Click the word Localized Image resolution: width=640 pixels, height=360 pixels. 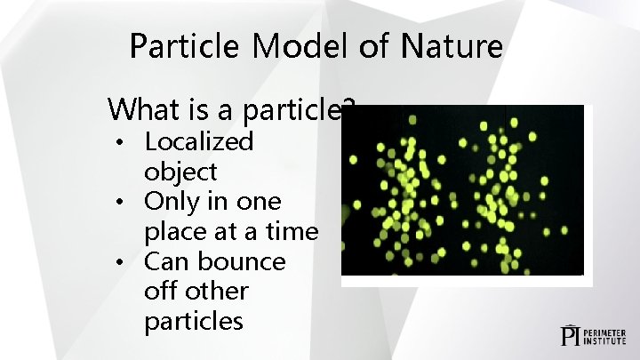(x=198, y=141)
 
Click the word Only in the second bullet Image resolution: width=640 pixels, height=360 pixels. (x=171, y=202)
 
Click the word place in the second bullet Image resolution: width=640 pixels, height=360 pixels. (x=174, y=232)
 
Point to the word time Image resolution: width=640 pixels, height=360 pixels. (x=292, y=232)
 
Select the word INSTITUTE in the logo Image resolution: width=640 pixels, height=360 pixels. (x=608, y=340)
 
